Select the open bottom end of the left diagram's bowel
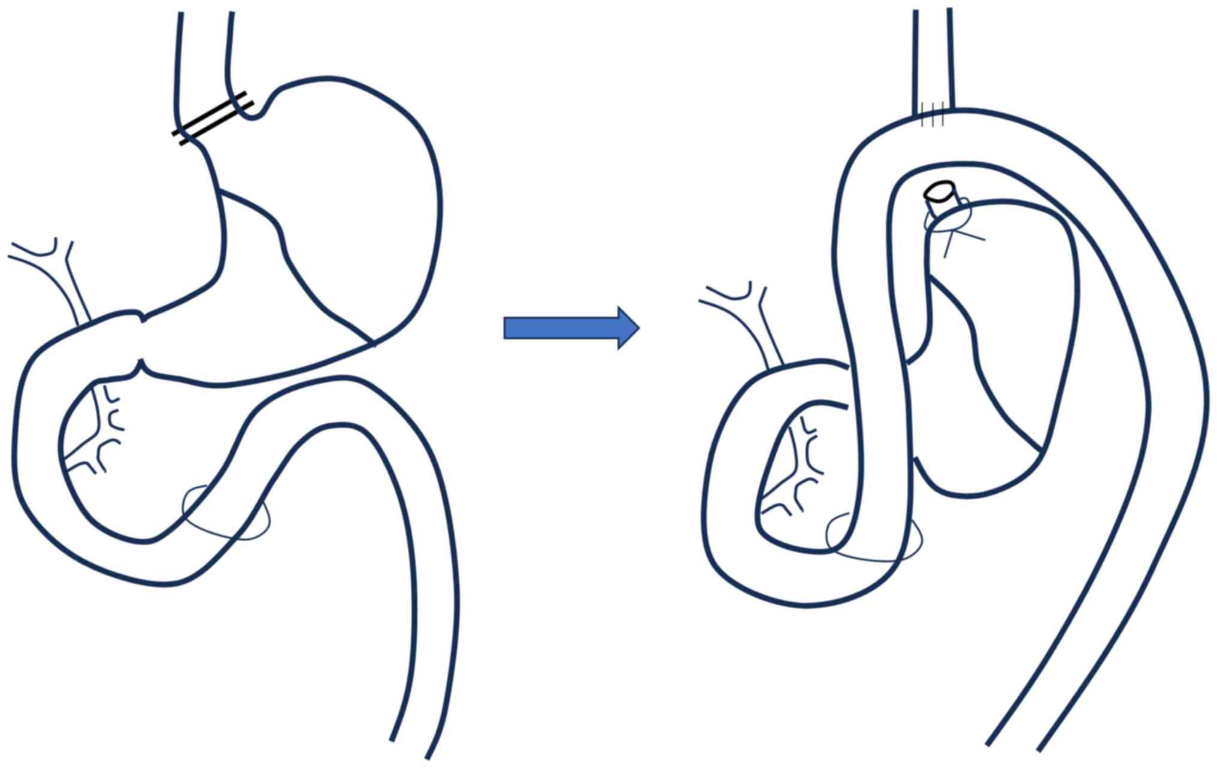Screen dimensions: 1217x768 410,748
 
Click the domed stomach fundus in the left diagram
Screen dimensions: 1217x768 359,150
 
